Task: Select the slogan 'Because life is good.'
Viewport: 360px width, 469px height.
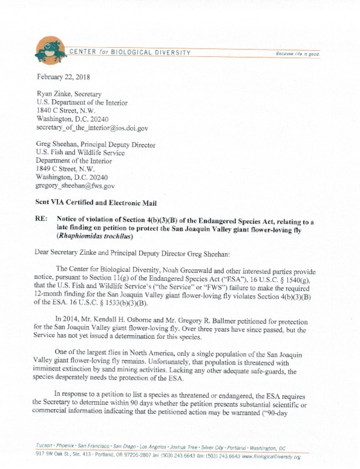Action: [x=298, y=54]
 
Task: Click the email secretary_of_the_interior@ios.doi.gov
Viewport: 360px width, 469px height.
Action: [x=92, y=128]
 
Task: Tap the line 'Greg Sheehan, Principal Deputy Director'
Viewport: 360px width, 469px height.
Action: [x=96, y=145]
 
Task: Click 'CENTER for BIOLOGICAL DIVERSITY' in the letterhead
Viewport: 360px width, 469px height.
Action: [x=130, y=53]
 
